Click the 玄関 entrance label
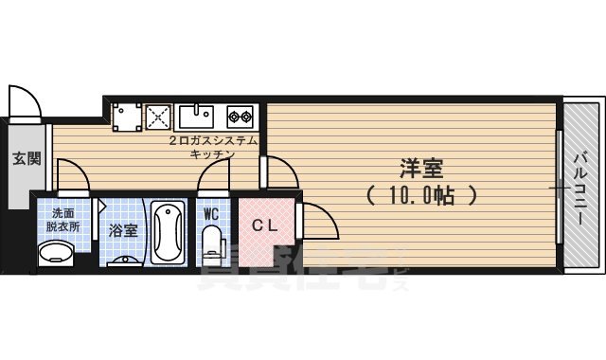pyautogui.click(x=26, y=158)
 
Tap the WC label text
pyautogui.click(x=211, y=214)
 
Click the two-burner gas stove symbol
pyautogui.click(x=241, y=117)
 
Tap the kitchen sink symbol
pyautogui.click(x=196, y=117)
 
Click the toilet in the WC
pyautogui.click(x=212, y=243)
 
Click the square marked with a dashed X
pyautogui.click(x=156, y=117)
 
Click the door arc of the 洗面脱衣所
pyautogui.click(x=73, y=174)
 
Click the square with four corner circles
pyautogui.click(x=126, y=117)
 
